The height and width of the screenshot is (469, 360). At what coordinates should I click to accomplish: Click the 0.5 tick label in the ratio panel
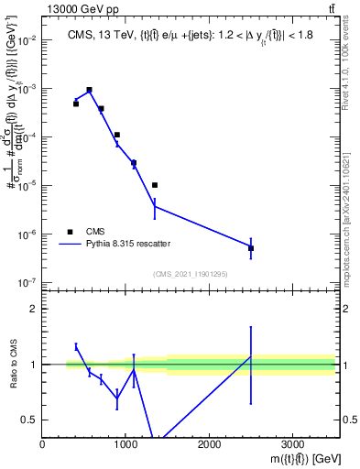point(29,420)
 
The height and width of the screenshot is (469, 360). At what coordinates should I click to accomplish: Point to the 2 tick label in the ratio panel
point(33,309)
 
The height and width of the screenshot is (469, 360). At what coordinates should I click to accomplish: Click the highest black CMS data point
point(89,90)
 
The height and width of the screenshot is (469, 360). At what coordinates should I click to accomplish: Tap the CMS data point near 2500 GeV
point(251,248)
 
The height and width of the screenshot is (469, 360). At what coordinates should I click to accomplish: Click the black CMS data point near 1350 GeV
point(155,185)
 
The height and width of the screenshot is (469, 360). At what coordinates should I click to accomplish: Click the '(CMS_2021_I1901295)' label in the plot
point(190,274)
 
